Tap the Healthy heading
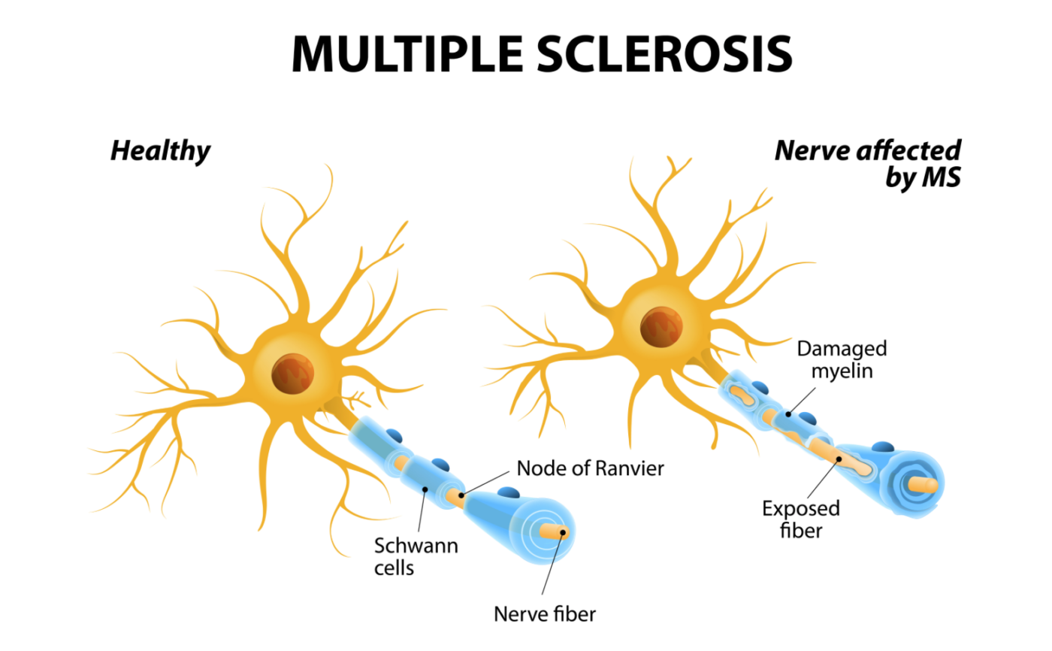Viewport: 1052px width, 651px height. (x=161, y=151)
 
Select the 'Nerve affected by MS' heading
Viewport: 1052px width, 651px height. (x=868, y=163)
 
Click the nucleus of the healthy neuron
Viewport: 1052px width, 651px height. (x=292, y=374)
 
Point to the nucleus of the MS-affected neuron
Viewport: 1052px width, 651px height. (x=661, y=327)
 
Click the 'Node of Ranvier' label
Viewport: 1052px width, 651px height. (x=591, y=468)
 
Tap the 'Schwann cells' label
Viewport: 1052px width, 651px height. (x=416, y=556)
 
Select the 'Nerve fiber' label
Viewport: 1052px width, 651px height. (x=545, y=614)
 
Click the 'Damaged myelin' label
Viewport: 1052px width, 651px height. (x=842, y=360)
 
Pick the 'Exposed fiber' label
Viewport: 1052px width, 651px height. (x=801, y=519)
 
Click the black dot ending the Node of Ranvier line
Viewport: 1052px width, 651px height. (x=461, y=495)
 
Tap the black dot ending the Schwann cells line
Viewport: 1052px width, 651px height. (x=425, y=489)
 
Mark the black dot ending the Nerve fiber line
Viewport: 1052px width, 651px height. (x=563, y=532)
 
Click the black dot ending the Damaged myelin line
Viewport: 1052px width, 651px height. (x=788, y=414)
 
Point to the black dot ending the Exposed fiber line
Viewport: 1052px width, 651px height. (x=839, y=459)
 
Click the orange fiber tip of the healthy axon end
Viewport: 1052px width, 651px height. (x=555, y=531)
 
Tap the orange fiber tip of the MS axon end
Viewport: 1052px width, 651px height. (x=924, y=485)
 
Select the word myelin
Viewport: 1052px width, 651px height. (x=842, y=371)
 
